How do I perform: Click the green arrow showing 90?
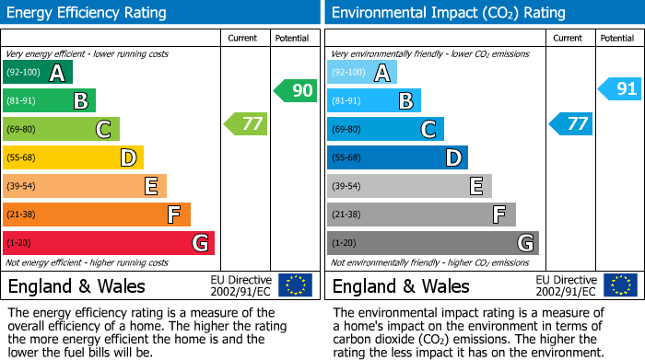click(296, 90)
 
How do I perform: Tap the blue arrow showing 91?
click(620, 89)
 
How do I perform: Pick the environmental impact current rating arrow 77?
click(571, 123)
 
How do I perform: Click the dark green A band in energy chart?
click(38, 73)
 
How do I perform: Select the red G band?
click(109, 243)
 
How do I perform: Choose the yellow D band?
click(74, 157)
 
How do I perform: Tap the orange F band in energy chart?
click(97, 215)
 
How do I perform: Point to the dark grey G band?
click(432, 243)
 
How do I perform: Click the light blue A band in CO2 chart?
click(362, 73)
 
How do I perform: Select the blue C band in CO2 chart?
click(385, 129)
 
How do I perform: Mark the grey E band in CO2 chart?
click(409, 186)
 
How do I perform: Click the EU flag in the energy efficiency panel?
click(296, 285)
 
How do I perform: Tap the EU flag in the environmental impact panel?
click(620, 285)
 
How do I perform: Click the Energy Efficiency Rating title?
click(88, 13)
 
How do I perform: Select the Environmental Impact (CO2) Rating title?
click(448, 13)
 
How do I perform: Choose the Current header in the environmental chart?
click(569, 38)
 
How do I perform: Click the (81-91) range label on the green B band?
click(23, 100)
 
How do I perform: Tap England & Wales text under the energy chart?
click(76, 285)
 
